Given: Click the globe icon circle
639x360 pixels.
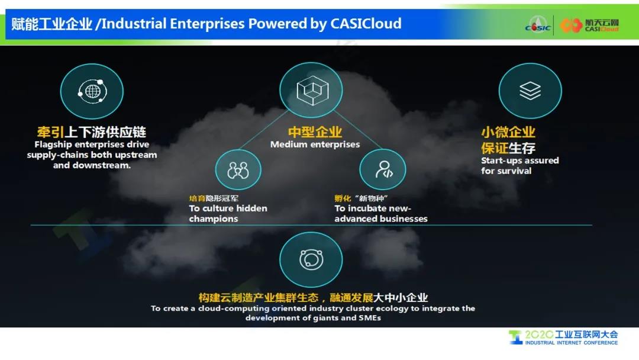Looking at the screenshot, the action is tap(92, 91).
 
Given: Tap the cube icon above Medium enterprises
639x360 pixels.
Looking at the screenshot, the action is tap(312, 90).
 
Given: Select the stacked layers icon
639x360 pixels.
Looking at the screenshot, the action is tap(530, 91).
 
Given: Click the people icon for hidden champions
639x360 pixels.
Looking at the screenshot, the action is tap(238, 170).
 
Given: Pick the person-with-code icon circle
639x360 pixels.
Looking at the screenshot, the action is tap(383, 169).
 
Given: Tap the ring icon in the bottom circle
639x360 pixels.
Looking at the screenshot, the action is tap(311, 259).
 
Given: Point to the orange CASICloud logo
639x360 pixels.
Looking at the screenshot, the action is tap(589, 25).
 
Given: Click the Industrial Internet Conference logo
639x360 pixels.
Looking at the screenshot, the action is tap(563, 337).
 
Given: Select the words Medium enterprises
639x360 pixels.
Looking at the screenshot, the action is tap(315, 144).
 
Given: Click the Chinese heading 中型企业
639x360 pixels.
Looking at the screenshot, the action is tap(315, 131).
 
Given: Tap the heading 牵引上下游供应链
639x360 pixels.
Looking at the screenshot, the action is tap(92, 131).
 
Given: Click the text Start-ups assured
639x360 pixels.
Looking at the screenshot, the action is tap(519, 160).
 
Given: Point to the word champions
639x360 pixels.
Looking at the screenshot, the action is tap(213, 218).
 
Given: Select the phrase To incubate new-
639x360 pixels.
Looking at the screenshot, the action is tap(373, 208).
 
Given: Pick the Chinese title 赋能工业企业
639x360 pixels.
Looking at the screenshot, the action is tap(51, 24).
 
